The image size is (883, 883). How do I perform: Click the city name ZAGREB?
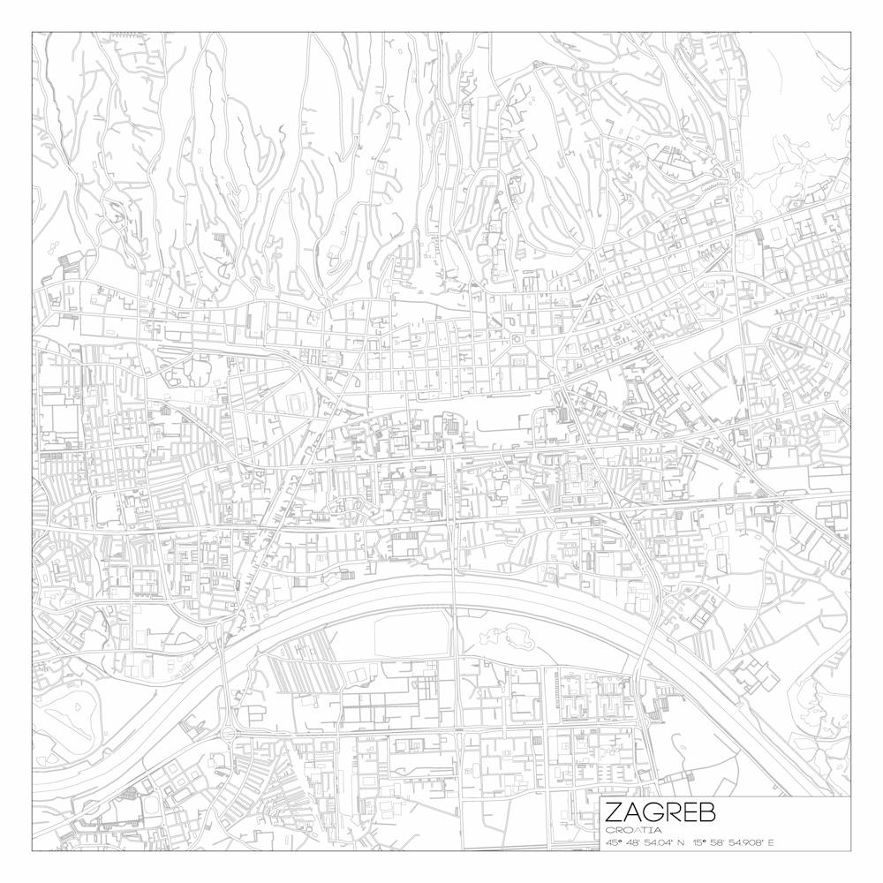tap(660, 812)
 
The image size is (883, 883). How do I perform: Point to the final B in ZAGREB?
tap(706, 812)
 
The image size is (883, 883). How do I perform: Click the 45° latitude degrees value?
tap(614, 842)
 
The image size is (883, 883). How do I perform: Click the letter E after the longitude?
tap(771, 842)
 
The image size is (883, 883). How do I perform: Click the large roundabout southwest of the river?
tap(231, 732)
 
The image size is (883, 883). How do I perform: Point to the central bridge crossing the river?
tap(454, 592)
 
